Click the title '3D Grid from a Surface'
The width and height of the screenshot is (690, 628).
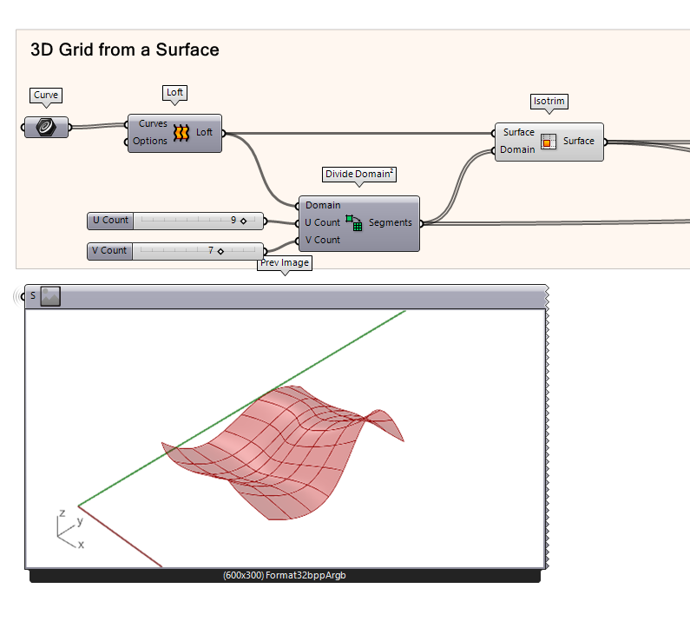[124, 50]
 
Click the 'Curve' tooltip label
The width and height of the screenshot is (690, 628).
[46, 95]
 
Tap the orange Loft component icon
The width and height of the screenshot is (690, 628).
[181, 133]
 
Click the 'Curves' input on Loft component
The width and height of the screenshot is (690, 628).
[153, 124]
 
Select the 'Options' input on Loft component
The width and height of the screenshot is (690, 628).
[150, 142]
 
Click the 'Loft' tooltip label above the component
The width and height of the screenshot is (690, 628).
[175, 92]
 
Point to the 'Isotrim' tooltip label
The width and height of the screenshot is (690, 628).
[549, 101]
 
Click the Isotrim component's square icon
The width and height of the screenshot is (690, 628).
[549, 142]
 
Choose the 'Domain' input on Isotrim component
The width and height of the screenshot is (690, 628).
[518, 150]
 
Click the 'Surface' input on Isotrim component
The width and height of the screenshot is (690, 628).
[519, 133]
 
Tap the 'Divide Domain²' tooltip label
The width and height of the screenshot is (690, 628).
[359, 174]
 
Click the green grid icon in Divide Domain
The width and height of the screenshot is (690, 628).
[354, 223]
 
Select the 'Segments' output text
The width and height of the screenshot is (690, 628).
[390, 223]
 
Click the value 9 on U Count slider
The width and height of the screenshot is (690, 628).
[233, 221]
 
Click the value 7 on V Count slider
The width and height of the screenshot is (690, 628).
[210, 251]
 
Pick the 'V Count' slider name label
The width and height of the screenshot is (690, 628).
[109, 251]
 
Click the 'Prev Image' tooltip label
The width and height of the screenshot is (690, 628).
[284, 263]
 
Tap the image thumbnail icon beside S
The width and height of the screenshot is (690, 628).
[50, 296]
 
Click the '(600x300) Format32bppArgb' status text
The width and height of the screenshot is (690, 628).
[285, 575]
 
